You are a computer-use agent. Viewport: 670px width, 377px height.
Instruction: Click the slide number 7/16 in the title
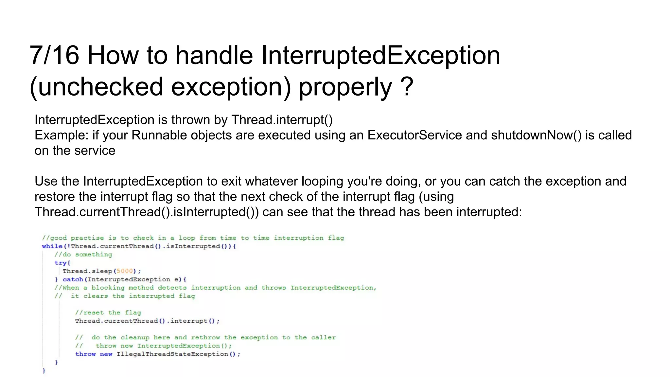(x=54, y=55)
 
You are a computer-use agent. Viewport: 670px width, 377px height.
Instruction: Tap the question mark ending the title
(x=407, y=87)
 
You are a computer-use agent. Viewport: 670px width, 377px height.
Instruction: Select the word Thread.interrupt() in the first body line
(x=282, y=120)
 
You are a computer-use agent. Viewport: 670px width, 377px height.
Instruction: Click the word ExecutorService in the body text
(x=414, y=135)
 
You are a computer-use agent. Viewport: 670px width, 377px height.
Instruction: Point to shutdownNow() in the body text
(x=536, y=135)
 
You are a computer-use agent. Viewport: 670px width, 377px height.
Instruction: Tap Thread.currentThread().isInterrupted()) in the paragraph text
(x=147, y=212)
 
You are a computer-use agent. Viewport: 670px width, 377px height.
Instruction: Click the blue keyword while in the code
(x=52, y=246)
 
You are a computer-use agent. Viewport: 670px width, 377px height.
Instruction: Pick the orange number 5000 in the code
(x=125, y=271)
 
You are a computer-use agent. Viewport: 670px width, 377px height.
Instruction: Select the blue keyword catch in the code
(x=73, y=279)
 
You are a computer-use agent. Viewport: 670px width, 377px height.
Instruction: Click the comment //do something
(x=83, y=255)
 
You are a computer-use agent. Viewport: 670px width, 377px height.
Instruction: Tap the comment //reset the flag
(x=108, y=313)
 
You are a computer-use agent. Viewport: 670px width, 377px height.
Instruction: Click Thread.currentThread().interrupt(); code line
(x=147, y=321)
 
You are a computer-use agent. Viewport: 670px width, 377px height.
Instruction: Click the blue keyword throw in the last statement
(x=85, y=354)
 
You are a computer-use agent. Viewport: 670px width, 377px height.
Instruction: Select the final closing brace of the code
(x=44, y=370)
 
